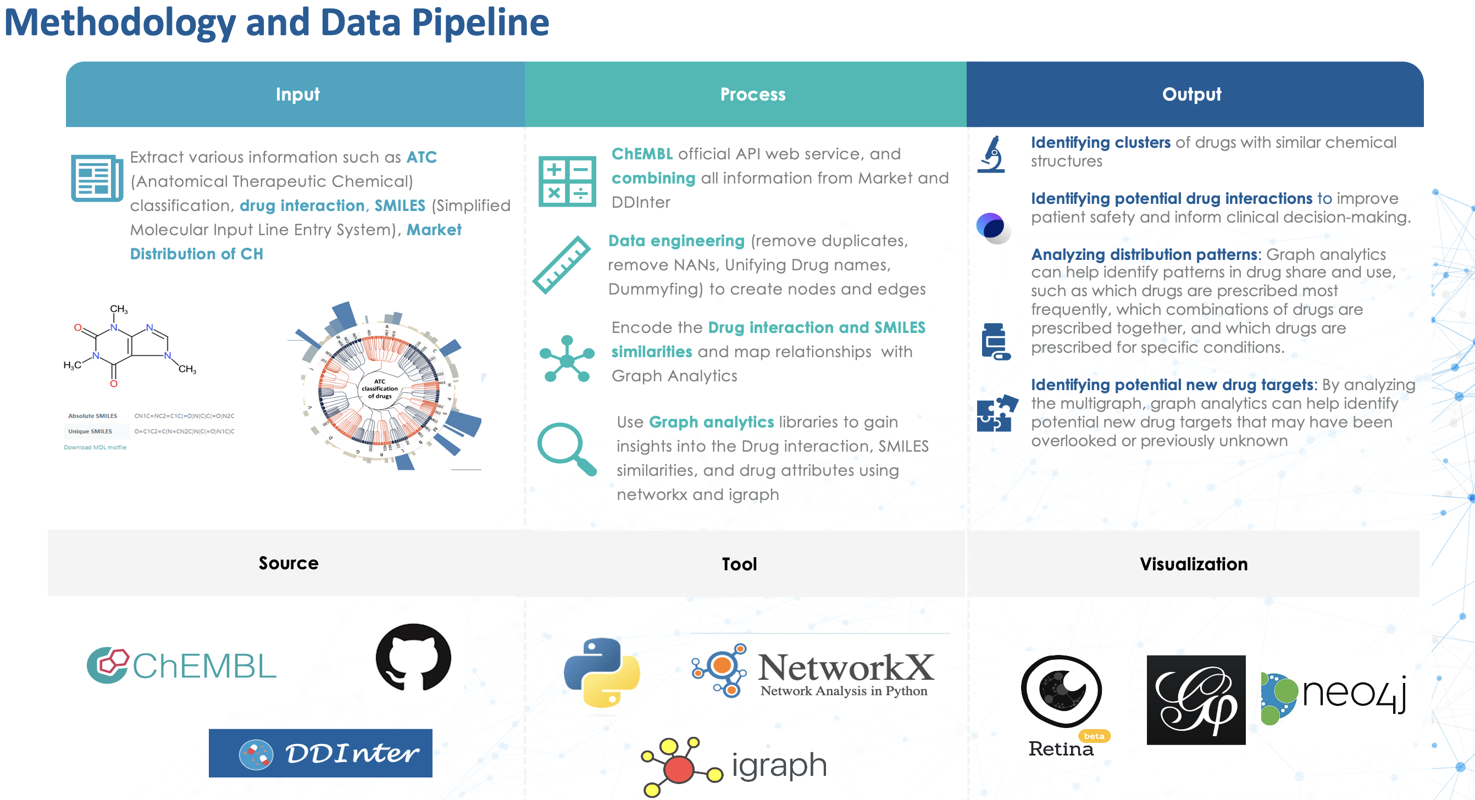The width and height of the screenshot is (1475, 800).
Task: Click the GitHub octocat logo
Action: (413, 657)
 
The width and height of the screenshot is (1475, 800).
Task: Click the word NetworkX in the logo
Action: (845, 667)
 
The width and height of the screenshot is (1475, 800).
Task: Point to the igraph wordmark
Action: (779, 765)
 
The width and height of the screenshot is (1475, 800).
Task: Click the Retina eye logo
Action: (1061, 691)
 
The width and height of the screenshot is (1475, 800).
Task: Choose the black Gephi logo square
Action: (1196, 700)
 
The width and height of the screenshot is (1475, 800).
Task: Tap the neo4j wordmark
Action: (1354, 693)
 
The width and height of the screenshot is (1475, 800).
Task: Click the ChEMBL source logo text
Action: (204, 666)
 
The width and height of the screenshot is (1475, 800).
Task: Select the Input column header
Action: (297, 95)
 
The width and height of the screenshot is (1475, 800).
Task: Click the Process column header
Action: (752, 95)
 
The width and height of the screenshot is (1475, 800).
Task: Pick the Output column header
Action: (1191, 95)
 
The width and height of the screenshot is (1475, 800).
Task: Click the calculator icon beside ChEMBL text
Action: (567, 181)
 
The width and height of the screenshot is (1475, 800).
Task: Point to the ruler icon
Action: (561, 265)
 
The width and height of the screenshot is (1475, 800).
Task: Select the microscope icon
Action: (992, 154)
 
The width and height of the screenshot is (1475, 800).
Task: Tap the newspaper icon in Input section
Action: (97, 178)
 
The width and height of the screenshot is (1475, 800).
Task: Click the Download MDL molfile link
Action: (95, 447)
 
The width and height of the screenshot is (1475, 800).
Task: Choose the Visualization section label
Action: (1193, 564)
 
